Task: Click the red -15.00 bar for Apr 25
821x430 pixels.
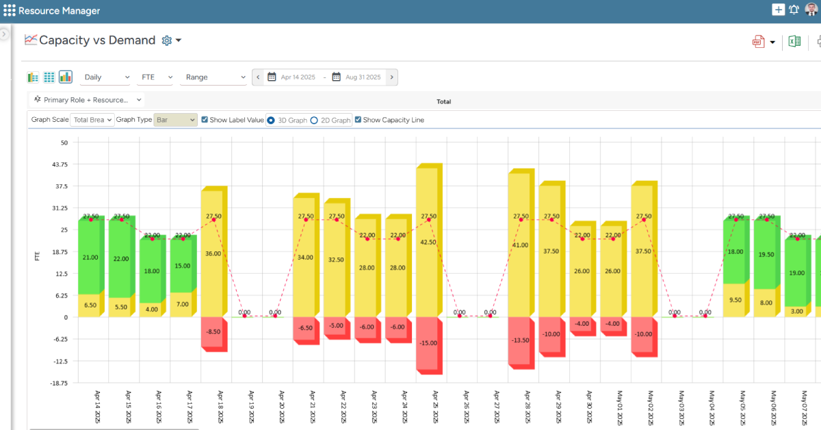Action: (428, 344)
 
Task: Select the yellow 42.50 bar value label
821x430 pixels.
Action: (428, 242)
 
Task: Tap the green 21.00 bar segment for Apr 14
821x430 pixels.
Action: (90, 257)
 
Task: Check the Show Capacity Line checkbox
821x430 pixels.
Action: (358, 120)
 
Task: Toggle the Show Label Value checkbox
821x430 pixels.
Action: (205, 120)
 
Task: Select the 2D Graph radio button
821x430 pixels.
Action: (314, 120)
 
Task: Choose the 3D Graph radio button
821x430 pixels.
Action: (271, 120)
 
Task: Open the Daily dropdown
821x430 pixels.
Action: (106, 77)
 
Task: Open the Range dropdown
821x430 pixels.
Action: (213, 77)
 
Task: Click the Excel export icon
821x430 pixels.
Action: (794, 42)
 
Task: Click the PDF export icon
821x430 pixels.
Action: (759, 42)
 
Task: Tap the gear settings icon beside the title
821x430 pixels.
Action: (166, 40)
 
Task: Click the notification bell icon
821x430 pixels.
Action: (794, 10)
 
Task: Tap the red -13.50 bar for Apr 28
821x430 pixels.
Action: (520, 340)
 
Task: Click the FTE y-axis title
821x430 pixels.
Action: (38, 257)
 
